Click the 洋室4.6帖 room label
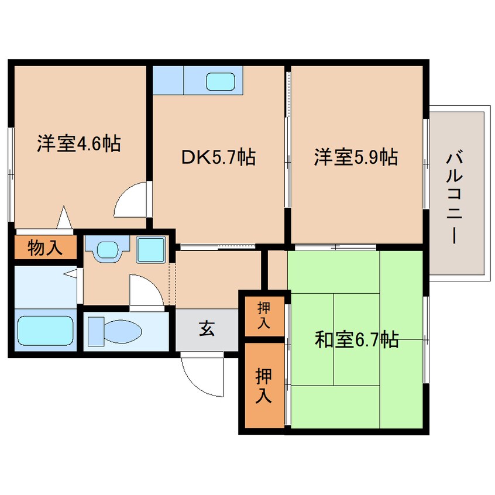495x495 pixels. pyautogui.click(x=79, y=143)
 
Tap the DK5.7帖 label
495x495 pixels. pyautogui.click(x=218, y=157)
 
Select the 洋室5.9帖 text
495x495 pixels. pyautogui.click(x=356, y=157)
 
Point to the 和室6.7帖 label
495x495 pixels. pyautogui.click(x=357, y=340)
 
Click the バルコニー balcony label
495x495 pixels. pyautogui.click(x=454, y=198)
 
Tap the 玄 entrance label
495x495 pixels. pyautogui.click(x=207, y=329)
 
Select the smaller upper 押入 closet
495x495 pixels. pyautogui.click(x=265, y=317)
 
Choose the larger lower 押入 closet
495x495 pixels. pyautogui.click(x=265, y=385)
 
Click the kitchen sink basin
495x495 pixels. pyautogui.click(x=221, y=81)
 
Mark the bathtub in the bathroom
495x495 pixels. pyautogui.click(x=46, y=331)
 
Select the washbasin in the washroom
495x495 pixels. pyautogui.click(x=108, y=250)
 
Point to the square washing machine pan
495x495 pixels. pyautogui.click(x=151, y=250)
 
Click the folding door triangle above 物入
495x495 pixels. pyautogui.click(x=64, y=217)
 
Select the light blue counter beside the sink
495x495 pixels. pyautogui.click(x=169, y=80)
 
